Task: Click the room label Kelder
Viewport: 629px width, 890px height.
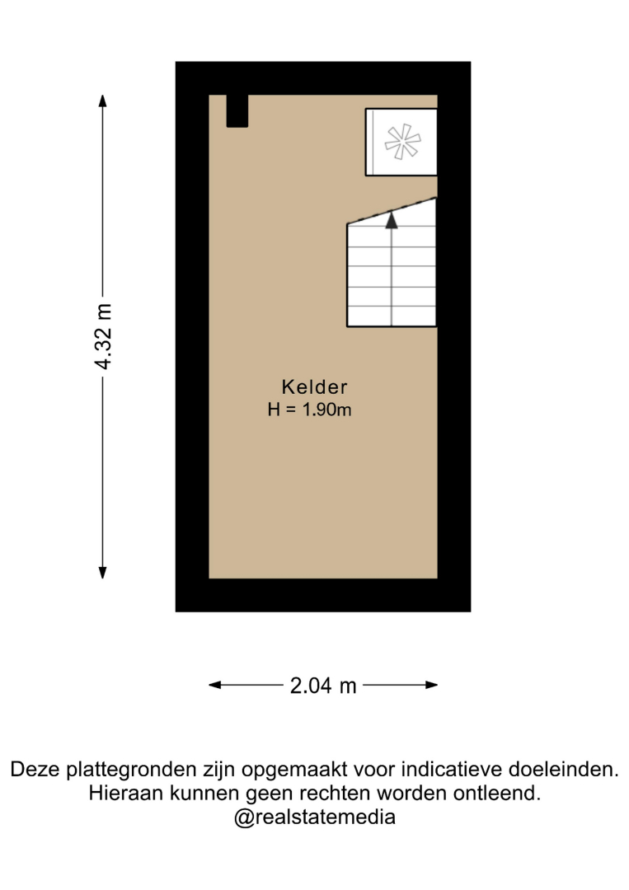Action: [x=314, y=387]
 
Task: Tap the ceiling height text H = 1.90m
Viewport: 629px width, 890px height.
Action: [x=309, y=410]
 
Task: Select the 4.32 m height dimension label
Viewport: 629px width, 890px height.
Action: [x=104, y=337]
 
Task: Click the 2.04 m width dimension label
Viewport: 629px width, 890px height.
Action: [x=323, y=686]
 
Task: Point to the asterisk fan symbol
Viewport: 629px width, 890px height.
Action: [x=402, y=142]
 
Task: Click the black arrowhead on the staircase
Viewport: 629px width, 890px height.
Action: [x=391, y=220]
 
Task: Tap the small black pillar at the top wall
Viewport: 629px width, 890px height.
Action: [x=237, y=110]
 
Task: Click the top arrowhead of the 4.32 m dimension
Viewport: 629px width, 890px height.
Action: [x=103, y=101]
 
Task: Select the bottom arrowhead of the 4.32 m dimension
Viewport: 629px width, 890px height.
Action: [x=103, y=572]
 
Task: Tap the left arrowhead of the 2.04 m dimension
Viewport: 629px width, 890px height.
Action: [x=215, y=685]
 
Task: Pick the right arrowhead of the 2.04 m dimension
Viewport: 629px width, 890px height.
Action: [x=431, y=685]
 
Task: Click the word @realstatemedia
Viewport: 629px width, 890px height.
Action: [x=315, y=817]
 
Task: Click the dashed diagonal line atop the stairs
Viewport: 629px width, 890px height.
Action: [x=392, y=211]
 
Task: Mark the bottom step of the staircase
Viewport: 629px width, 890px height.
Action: [x=392, y=316]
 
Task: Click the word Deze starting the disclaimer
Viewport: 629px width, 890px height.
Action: [x=35, y=770]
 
